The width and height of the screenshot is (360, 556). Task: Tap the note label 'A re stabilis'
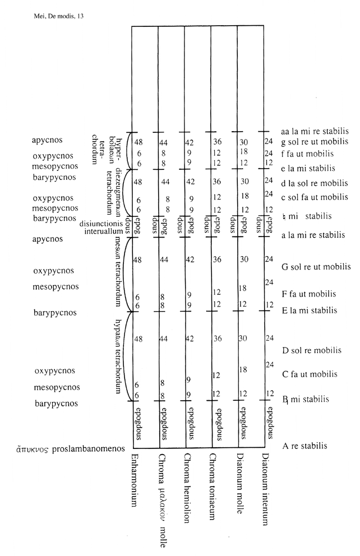[x=304, y=446]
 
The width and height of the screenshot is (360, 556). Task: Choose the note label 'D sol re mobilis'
[x=311, y=350]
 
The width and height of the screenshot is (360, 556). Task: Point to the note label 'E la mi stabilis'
[x=310, y=310]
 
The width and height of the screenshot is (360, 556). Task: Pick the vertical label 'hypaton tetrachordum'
[x=118, y=356]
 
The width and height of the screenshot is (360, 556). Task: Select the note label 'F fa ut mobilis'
[x=309, y=294]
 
